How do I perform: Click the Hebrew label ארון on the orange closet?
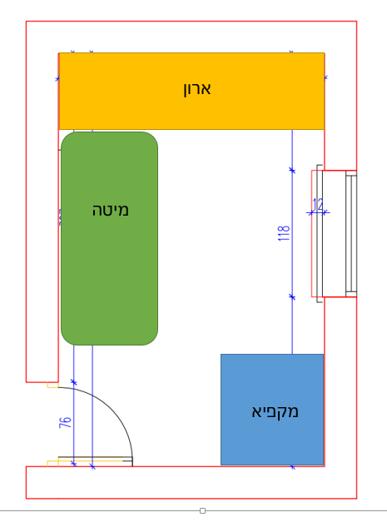tap(197, 88)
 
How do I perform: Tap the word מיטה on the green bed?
tap(111, 210)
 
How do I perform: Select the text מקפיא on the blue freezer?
tap(275, 411)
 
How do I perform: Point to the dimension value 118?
tap(283, 234)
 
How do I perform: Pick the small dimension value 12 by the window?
tap(318, 204)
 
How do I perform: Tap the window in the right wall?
tap(350, 234)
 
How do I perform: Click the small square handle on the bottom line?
tap(202, 510)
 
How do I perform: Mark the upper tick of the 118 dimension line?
tap(291, 170)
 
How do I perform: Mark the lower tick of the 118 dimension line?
tap(291, 296)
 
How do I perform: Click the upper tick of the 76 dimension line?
tap(73, 382)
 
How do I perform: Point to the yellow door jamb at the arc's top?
tap(52, 385)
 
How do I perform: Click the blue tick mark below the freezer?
tap(292, 467)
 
